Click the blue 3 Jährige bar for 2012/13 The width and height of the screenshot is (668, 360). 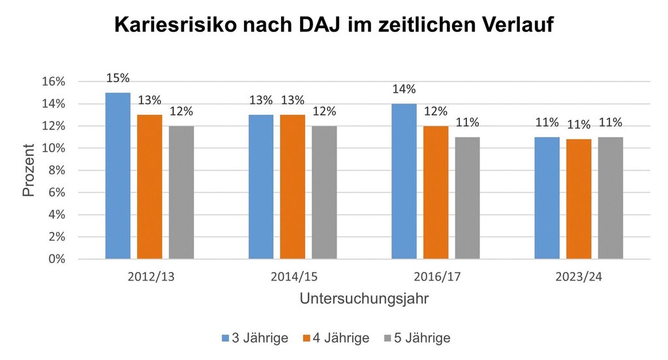pos(118,176)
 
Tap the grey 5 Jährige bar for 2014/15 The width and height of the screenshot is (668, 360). pos(324,192)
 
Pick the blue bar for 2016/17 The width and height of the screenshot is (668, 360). pos(404,181)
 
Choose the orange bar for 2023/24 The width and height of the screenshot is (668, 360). pos(579,199)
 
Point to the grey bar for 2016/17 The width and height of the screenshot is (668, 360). pos(467,198)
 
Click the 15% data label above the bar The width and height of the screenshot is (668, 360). pos(118,78)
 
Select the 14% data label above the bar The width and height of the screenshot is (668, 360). pos(404,89)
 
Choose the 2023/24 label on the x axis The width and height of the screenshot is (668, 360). pos(579,277)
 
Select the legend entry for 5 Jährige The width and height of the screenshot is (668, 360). pos(418,338)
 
